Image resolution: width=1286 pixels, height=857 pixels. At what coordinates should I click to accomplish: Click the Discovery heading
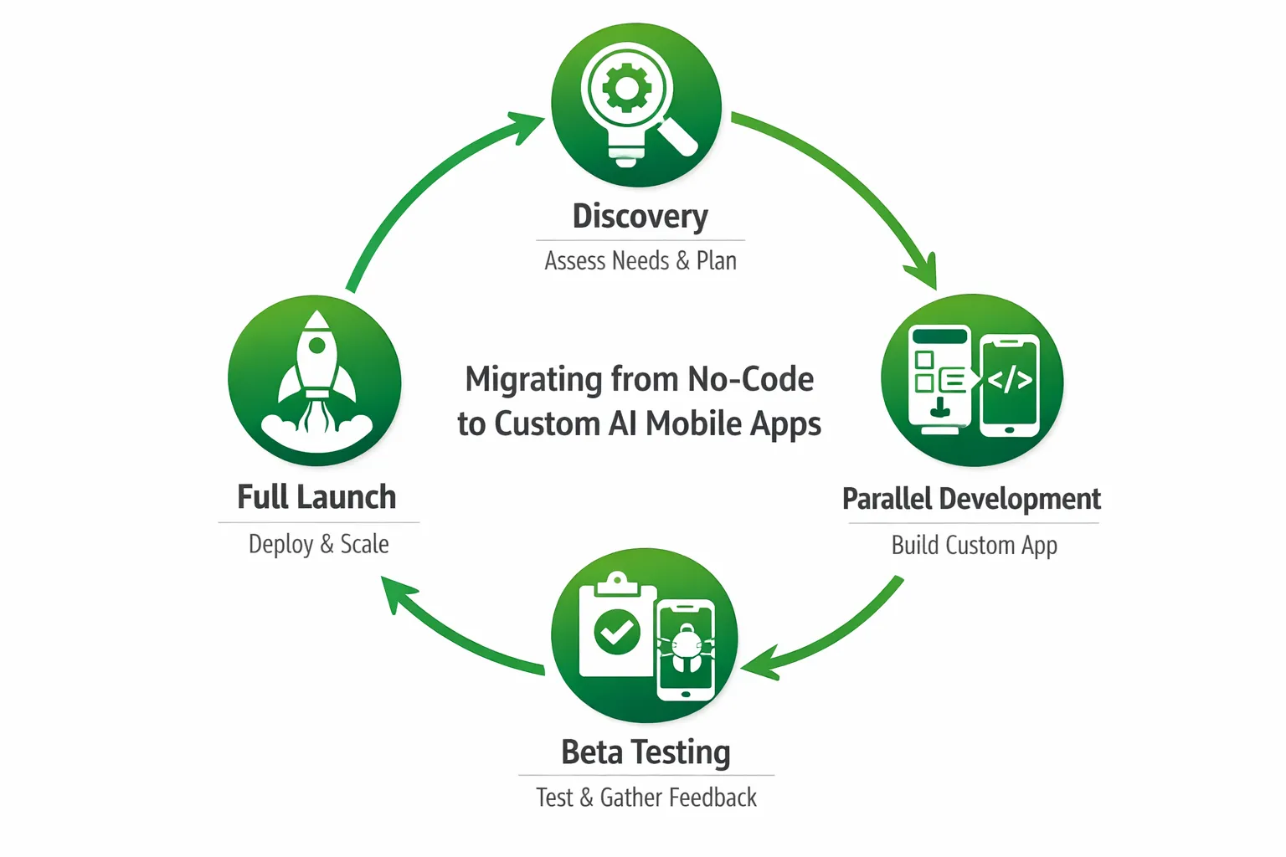tap(640, 216)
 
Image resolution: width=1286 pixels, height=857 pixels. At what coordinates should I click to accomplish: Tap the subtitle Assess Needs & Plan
tap(640, 261)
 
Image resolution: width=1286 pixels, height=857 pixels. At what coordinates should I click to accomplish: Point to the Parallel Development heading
tap(971, 499)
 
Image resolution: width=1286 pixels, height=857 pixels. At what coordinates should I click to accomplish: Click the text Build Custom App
tap(974, 545)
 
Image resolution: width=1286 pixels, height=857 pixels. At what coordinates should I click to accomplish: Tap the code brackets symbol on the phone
tap(1010, 380)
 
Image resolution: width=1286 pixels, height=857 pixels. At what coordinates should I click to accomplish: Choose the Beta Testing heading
tap(646, 752)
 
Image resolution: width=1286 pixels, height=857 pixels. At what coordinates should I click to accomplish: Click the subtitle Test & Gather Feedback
tap(646, 798)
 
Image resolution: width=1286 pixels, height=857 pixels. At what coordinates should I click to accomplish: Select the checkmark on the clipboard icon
tap(617, 632)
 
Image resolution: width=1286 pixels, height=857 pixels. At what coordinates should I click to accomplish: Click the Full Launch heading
tap(316, 497)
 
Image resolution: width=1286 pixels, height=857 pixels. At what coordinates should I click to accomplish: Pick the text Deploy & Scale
tap(318, 544)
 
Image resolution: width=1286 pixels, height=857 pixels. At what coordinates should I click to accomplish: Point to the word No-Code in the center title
tap(750, 379)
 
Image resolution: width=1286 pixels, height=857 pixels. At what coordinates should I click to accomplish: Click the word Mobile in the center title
tap(693, 423)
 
